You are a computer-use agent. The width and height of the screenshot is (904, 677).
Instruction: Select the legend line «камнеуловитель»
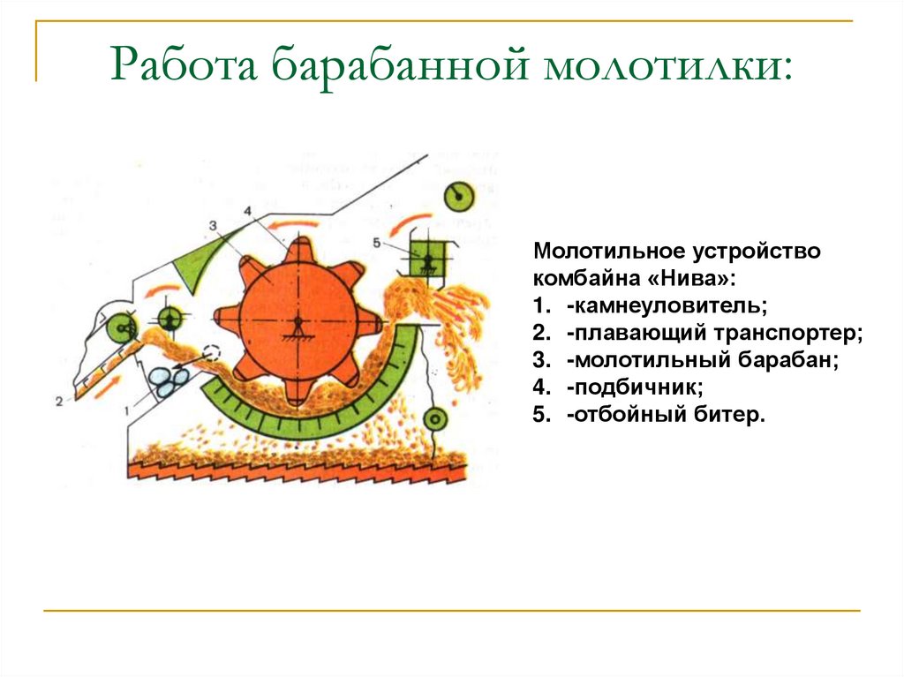667,305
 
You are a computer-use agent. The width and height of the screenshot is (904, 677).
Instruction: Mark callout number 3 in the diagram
213,226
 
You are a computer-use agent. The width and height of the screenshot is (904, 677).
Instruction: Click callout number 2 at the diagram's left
58,402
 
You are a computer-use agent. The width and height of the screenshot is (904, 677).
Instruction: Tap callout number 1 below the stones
129,409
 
